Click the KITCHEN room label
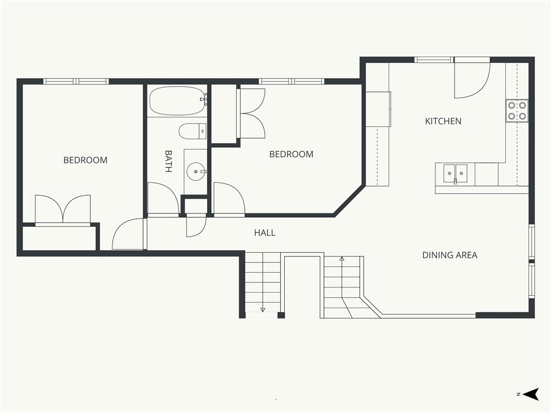tap(443, 121)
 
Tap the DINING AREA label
tap(449, 255)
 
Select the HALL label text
tap(265, 232)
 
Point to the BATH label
tap(168, 161)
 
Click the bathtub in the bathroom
tap(176, 101)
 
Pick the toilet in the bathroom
tap(193, 131)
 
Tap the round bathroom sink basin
tap(195, 172)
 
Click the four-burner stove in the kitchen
tap(517, 111)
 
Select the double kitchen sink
tap(455, 173)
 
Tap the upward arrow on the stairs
tap(342, 277)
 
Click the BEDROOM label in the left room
tap(86, 160)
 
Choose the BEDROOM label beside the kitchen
tap(291, 154)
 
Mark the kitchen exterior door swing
tap(471, 80)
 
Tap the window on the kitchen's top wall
tap(434, 60)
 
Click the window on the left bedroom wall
tap(76, 82)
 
